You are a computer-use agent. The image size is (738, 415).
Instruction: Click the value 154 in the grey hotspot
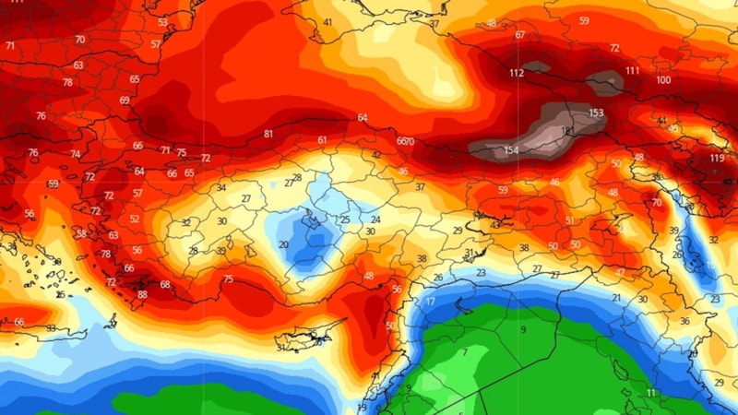[x=512, y=150]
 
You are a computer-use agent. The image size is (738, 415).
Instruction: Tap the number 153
[x=596, y=113]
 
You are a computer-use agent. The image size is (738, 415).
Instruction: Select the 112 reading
[x=517, y=73]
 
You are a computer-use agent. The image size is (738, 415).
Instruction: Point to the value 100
[x=663, y=80]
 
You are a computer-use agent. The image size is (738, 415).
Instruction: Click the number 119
[x=717, y=159]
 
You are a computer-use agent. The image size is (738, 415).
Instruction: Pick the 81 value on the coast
[x=268, y=135]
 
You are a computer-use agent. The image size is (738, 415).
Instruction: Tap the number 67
[x=520, y=35]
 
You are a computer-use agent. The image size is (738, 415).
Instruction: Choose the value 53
[x=163, y=22]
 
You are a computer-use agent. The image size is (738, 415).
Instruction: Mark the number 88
[x=142, y=294]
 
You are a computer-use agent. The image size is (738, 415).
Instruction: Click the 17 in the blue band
[x=431, y=302]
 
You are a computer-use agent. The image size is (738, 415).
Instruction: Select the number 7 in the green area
[x=465, y=352]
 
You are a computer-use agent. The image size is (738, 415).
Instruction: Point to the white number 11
[x=651, y=393]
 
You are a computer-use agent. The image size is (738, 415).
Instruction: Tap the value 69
[x=125, y=101]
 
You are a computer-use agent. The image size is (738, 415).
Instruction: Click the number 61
[x=322, y=140]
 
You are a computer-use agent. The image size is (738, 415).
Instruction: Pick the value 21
[x=616, y=298]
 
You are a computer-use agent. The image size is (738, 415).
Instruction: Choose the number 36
[x=684, y=321]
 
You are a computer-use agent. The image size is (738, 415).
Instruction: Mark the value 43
[x=495, y=225]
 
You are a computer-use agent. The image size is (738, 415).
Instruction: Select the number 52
[x=135, y=219]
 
